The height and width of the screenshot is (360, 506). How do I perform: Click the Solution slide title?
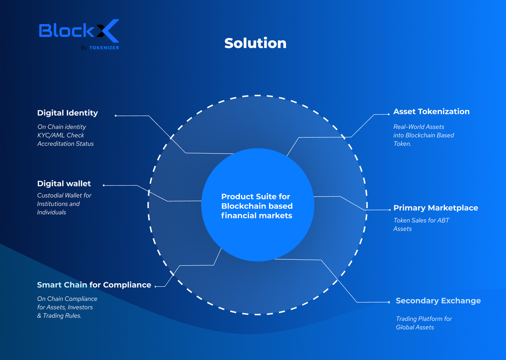pos(255,43)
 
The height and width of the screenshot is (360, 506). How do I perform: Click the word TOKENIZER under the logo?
pos(104,48)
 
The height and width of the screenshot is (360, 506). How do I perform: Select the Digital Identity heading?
pos(68,113)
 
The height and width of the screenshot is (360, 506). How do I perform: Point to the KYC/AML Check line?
pos(60,135)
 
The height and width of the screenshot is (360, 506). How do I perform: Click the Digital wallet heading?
pos(64,184)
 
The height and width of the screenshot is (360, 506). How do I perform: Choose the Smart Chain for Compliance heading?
pos(94,285)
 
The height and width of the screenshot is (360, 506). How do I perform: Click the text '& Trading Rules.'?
pos(59,315)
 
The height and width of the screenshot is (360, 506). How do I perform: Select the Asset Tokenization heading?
pos(431,112)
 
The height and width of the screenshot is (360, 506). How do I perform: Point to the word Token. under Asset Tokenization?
pos(402,144)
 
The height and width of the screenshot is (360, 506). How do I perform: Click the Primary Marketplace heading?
pos(436,208)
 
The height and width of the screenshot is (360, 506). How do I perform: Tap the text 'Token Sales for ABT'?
pos(421,220)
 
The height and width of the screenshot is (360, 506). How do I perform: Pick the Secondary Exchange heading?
pos(438,301)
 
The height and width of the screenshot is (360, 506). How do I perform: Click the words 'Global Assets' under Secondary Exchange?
pos(415,327)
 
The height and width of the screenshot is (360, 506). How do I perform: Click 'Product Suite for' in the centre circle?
pos(255,197)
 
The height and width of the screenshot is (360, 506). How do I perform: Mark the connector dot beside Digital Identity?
pos(116,116)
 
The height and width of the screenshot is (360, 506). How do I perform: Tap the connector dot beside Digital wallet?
pos(104,186)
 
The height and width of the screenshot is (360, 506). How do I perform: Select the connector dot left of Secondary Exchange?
pos(389,302)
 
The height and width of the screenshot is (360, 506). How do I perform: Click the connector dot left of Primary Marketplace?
pos(390,210)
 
